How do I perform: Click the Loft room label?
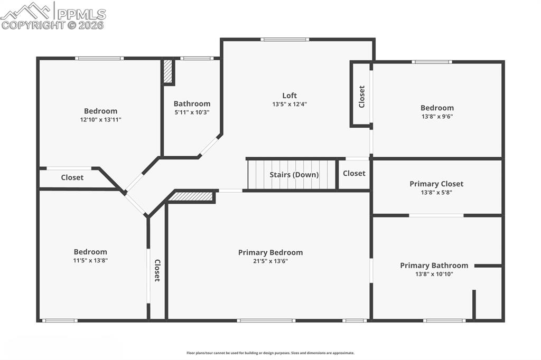290,96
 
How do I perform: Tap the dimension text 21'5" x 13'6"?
270,261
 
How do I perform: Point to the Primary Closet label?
436,184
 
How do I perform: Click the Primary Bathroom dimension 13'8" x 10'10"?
434,274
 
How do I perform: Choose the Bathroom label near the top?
192,103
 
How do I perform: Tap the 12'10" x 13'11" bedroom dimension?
100,120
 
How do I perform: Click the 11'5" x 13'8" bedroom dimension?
90,260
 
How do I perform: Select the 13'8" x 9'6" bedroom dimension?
437,116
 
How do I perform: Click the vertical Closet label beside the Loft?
362,96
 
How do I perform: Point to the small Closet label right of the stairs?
354,173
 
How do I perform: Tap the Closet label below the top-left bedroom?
72,177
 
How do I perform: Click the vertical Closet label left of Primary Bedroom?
157,270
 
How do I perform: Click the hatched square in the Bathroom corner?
168,71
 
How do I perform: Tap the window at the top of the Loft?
285,40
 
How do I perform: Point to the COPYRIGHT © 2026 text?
53,25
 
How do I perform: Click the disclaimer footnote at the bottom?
270,353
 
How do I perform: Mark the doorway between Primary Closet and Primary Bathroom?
436,215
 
